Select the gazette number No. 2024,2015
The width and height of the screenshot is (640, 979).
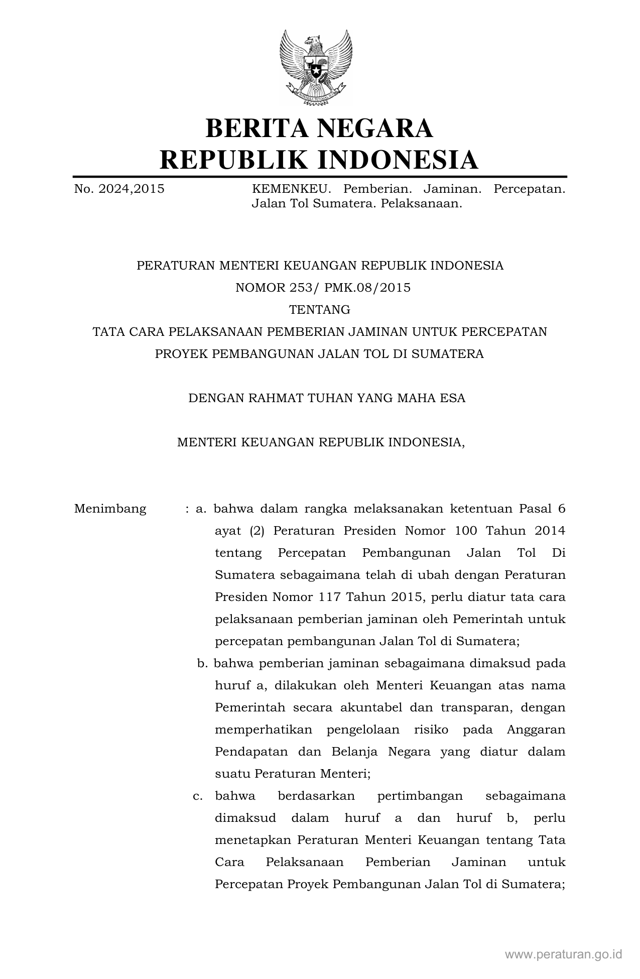[119, 189]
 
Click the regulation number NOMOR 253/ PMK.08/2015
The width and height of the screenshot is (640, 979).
[323, 288]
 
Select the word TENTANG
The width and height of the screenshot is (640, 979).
[320, 310]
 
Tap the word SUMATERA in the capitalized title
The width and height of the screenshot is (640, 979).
[448, 354]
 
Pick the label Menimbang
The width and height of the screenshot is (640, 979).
[110, 509]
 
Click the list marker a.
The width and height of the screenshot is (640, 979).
[201, 509]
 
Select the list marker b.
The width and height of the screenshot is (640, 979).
[202, 663]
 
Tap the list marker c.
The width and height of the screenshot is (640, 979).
[198, 796]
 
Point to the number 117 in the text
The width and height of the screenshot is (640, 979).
[329, 597]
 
